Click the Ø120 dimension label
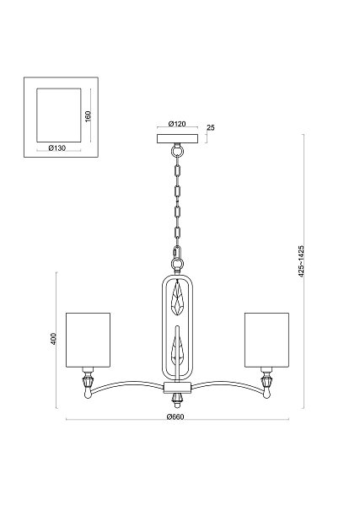[x=177, y=124]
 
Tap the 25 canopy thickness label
[x=211, y=127]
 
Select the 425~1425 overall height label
[x=301, y=261]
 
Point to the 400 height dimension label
[x=54, y=339]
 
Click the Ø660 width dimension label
[x=175, y=417]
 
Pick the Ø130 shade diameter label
[x=57, y=148]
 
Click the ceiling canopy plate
[x=177, y=139]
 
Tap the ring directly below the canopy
[x=177, y=150]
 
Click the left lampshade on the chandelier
[x=89, y=341]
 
